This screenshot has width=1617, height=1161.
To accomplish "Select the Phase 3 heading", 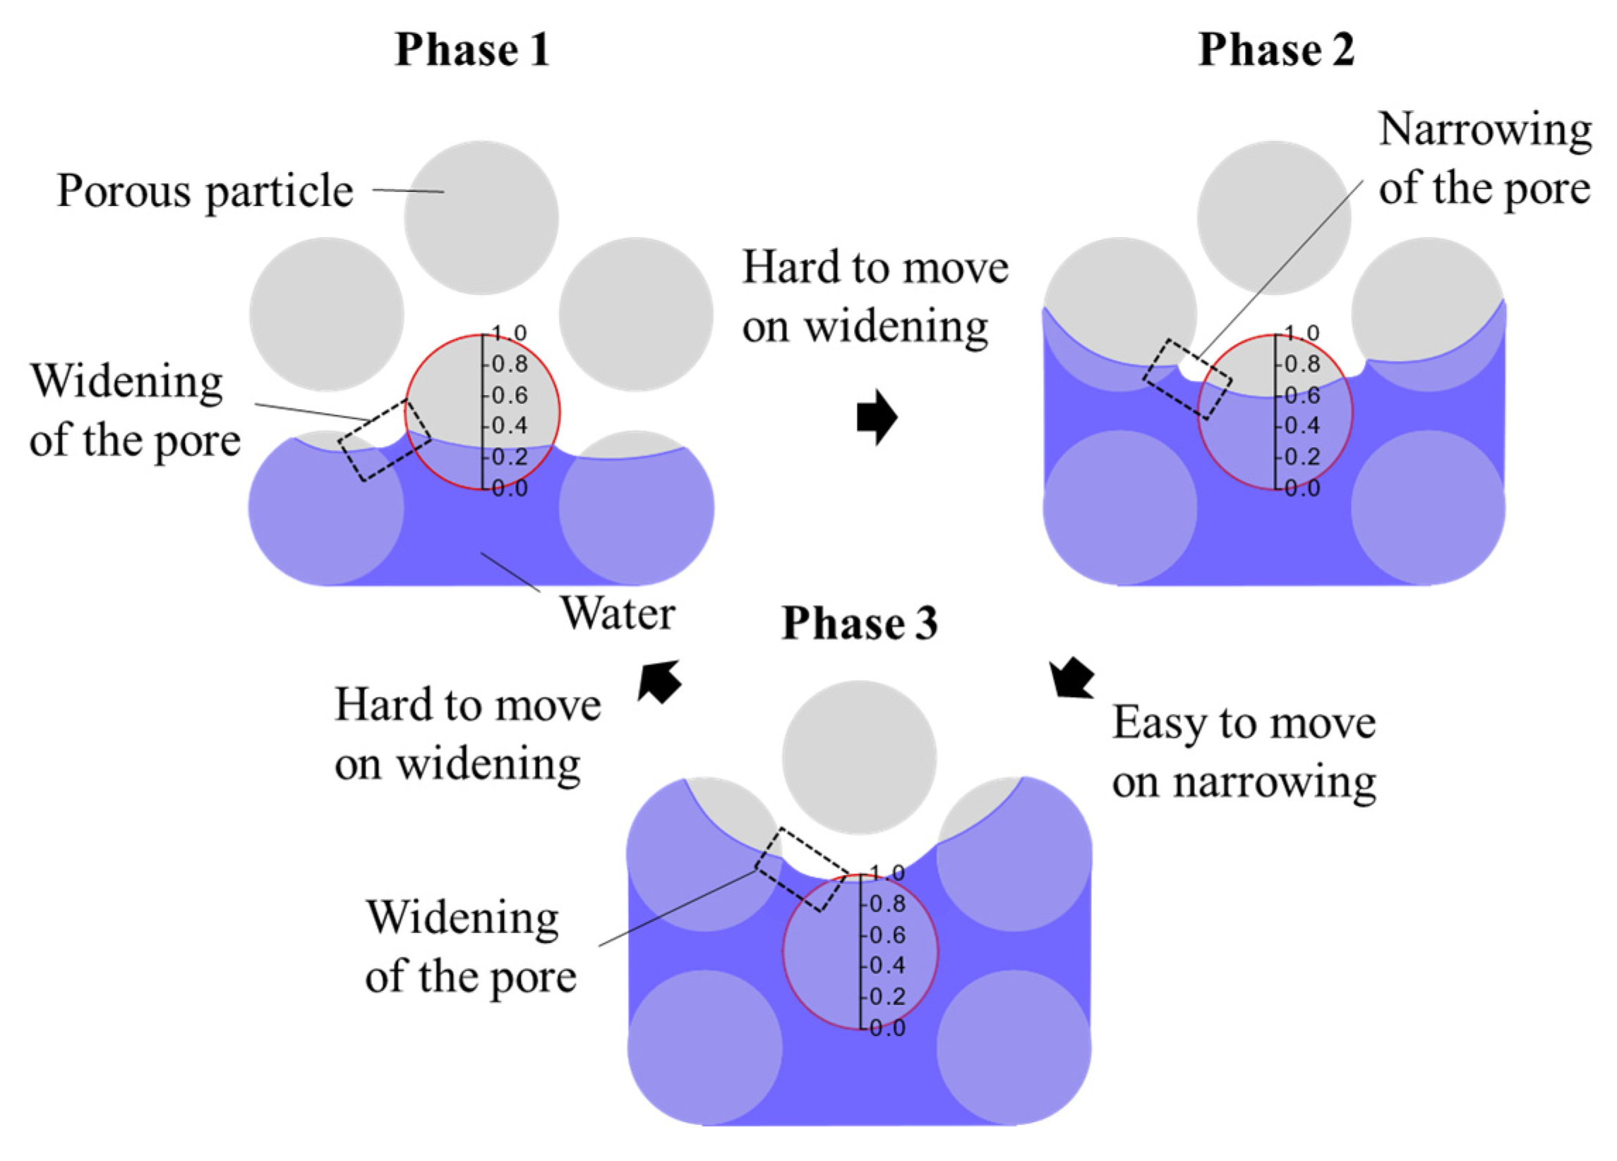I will click(860, 624).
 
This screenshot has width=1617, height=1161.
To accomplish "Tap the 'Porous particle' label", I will click(205, 191).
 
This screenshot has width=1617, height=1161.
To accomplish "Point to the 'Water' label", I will click(618, 613).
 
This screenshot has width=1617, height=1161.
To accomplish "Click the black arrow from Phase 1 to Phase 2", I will click(877, 418).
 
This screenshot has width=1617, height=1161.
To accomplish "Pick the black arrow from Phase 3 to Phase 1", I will click(659, 681).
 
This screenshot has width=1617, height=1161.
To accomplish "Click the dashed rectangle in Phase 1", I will click(385, 440).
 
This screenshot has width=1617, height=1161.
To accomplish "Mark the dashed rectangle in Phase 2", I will click(1188, 379).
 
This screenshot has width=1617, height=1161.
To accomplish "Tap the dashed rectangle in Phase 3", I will click(801, 870).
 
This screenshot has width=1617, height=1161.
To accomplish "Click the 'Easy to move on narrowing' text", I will click(1244, 753).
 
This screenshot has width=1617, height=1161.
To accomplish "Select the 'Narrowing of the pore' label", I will click(1484, 159).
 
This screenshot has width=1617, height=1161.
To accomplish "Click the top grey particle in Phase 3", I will click(859, 757).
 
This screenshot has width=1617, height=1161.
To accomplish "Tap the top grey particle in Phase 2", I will click(1274, 218).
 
